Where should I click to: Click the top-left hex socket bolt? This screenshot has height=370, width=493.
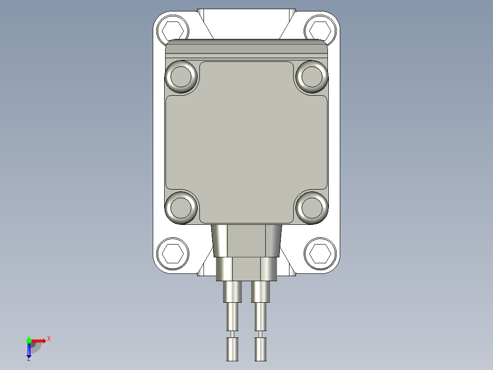pos(172,31)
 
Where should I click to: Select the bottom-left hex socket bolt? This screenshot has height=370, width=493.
pos(172,253)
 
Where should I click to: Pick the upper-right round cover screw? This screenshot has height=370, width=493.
pos(312,76)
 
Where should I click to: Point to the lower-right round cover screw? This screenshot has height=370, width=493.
pos(312,207)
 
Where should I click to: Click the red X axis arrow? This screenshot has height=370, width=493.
pos(39,340)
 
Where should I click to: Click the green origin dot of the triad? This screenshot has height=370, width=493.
pos(29,340)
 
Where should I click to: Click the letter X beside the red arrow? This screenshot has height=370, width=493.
pos(49,339)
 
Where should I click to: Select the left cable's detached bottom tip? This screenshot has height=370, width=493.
pos(232,349)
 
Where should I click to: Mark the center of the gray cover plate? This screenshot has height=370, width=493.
pos(246,142)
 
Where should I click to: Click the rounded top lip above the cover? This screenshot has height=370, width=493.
pos(246,47)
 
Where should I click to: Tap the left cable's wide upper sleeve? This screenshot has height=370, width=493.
pos(232,292)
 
